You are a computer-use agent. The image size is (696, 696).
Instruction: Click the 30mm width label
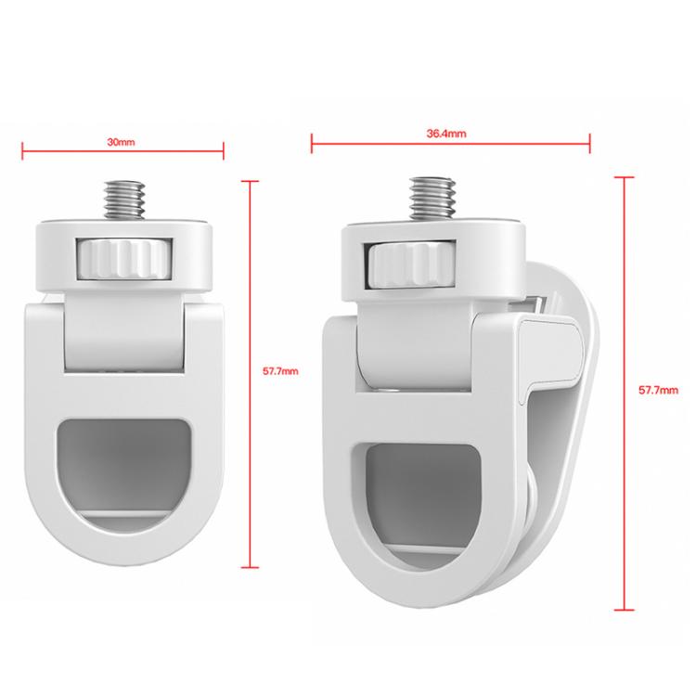pyautogui.click(x=121, y=142)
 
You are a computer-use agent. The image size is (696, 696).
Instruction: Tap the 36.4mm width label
pyautogui.click(x=445, y=134)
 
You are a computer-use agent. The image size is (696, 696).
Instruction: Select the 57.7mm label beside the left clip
pyautogui.click(x=280, y=371)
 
